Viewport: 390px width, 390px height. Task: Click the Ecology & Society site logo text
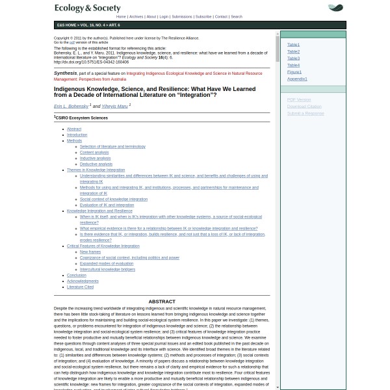88,8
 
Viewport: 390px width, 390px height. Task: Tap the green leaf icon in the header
335,8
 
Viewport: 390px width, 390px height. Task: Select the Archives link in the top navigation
136,17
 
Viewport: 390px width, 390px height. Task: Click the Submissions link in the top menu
182,17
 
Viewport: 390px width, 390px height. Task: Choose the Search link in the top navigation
236,17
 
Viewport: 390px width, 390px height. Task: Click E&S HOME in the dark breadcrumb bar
66,25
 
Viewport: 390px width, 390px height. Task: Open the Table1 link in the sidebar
293,45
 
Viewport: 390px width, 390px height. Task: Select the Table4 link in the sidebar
293,65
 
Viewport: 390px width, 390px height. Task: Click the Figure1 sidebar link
294,72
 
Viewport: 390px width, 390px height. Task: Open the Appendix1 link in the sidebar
297,79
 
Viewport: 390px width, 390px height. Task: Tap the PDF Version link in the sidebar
299,99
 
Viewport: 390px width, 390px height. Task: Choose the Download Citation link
304,106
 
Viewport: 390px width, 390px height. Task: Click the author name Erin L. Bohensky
71,106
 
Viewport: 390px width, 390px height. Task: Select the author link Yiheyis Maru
114,106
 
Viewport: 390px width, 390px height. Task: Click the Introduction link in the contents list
77,135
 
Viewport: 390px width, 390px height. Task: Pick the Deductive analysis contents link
96,164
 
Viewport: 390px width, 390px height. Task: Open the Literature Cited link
80,287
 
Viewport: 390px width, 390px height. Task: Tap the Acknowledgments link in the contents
83,281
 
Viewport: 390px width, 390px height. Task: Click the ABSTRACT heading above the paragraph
162,302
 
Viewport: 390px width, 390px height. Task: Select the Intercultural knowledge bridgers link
107,269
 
